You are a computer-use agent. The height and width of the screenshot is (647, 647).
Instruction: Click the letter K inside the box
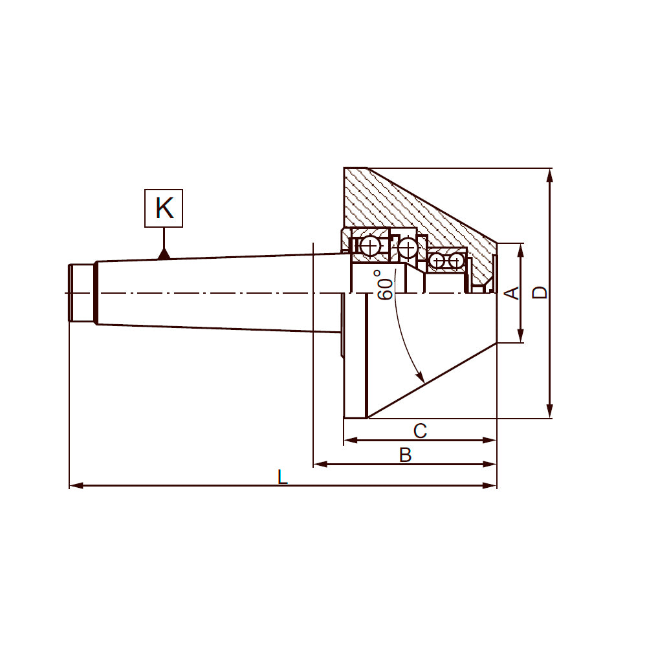164,208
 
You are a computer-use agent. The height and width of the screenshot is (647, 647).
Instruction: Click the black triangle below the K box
164,254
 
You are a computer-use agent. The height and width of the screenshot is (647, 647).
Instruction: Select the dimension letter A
512,292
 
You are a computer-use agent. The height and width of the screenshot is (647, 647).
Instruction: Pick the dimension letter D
540,292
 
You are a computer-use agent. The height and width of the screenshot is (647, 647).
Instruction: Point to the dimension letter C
420,431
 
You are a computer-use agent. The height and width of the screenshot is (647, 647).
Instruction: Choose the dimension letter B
405,455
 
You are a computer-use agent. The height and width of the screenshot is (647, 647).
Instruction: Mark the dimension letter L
282,477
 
